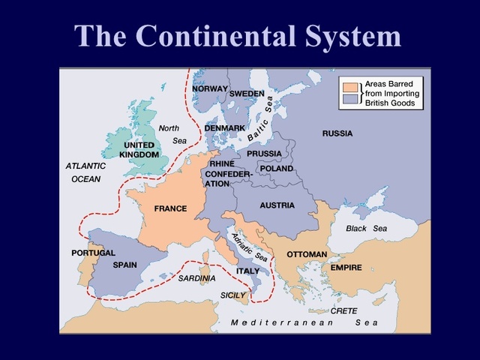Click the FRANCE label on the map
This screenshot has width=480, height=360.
click(x=170, y=208)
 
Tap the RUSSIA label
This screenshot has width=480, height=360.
click(x=337, y=133)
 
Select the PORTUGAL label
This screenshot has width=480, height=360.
click(x=93, y=253)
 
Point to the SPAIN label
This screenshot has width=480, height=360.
click(x=124, y=265)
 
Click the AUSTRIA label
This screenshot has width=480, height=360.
click(x=277, y=205)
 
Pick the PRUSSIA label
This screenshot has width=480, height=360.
click(x=264, y=154)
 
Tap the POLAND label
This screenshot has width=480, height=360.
click(x=276, y=169)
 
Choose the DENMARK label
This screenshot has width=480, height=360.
click(x=225, y=128)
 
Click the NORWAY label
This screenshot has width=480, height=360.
click(x=210, y=88)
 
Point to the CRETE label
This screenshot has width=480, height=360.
click(x=343, y=310)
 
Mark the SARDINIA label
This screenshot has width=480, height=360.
click(x=196, y=278)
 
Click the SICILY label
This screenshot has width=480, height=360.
click(x=233, y=295)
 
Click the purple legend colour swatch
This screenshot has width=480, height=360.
click(x=349, y=97)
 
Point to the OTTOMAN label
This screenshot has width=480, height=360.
click(x=307, y=254)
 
